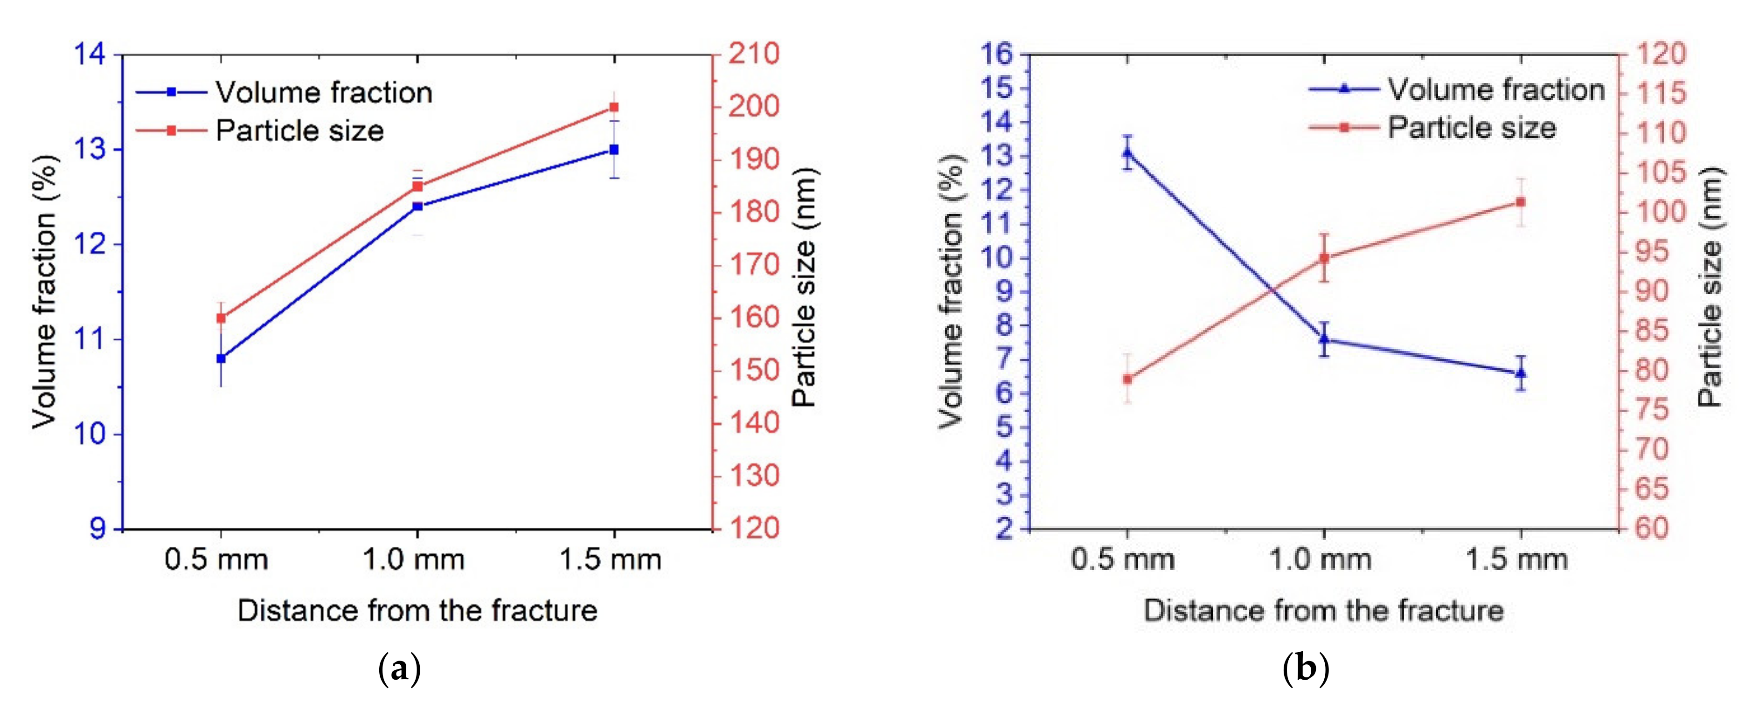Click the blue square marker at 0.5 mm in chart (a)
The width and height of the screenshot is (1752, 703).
point(221,358)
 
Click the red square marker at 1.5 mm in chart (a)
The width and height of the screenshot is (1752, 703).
point(614,107)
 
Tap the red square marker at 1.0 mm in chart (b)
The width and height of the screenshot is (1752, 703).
point(1324,258)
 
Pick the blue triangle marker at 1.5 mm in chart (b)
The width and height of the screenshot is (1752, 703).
point(1522,372)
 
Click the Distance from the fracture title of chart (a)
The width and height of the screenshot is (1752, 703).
point(417,611)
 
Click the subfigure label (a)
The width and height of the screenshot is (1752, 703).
point(399,670)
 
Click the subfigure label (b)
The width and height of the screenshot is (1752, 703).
point(1305,670)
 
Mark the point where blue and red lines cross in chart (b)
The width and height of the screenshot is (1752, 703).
point(1271,291)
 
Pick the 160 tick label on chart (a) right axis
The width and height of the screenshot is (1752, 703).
point(754,317)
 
